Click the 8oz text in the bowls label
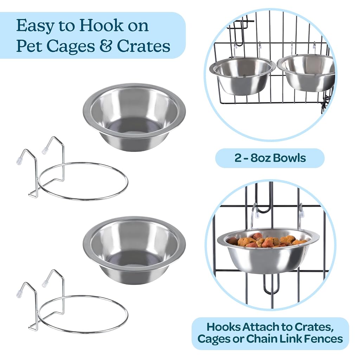(262, 158)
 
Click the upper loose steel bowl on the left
(134, 117)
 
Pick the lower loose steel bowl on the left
(134, 251)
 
